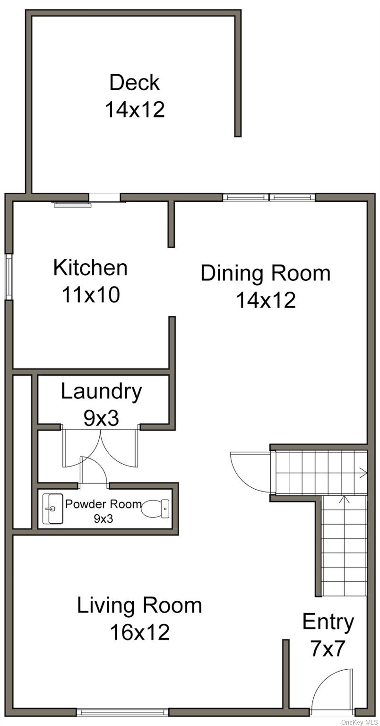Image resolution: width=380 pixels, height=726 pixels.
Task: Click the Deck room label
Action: point(134,83)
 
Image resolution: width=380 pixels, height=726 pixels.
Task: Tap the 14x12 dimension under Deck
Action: point(135,109)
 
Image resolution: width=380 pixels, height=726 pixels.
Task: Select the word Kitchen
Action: point(90,268)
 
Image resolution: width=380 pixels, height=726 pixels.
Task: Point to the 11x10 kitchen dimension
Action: point(91,294)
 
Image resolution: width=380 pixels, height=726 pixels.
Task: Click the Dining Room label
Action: point(266,273)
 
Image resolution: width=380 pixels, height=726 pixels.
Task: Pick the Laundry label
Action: point(102,392)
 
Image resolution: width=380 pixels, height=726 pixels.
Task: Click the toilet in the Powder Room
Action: point(155,508)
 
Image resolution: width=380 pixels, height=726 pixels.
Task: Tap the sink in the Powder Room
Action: point(53,509)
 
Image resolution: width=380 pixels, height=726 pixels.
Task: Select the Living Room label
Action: point(139,605)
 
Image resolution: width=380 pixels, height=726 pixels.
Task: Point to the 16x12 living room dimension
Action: point(140,632)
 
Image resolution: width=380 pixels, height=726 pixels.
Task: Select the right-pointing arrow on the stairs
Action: point(362,473)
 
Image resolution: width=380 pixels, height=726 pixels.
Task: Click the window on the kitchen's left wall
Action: point(9,277)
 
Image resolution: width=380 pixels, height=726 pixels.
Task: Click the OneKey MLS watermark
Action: point(360,722)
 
